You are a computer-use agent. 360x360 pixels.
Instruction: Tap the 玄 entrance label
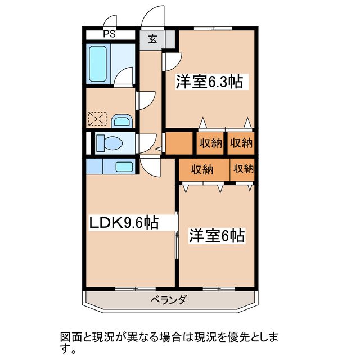[x=152, y=39]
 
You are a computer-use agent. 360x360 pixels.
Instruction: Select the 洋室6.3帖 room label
[x=209, y=82]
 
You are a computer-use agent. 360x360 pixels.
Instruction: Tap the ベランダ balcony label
[x=169, y=299]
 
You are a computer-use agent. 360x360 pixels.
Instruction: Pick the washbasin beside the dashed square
[x=121, y=120]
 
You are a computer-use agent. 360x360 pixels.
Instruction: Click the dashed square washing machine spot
[x=97, y=119]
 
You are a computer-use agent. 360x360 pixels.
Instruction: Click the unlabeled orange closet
[x=179, y=143]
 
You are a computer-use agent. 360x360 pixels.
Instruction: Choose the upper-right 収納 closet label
[x=241, y=143]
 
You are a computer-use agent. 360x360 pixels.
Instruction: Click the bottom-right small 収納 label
[x=244, y=169]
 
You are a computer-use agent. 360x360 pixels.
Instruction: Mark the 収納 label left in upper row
[x=210, y=143]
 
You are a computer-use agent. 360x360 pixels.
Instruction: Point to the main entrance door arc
[x=152, y=17]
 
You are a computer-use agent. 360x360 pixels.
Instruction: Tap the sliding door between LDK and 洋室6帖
[x=177, y=235]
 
